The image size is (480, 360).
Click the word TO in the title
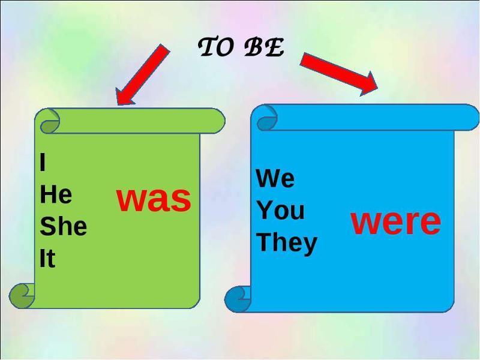[x=215, y=47]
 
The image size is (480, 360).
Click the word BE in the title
[x=265, y=47]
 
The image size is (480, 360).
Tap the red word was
[x=154, y=199]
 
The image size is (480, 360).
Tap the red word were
[x=396, y=221]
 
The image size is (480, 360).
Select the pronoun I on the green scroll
[x=43, y=162]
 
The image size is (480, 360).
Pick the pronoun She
[x=64, y=226]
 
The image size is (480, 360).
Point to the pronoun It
[x=47, y=258]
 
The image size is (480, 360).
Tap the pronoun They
[x=287, y=243]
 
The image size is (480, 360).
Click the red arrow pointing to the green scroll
[x=143, y=74]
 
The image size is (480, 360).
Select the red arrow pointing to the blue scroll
[x=339, y=74]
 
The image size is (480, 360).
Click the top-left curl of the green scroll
[x=50, y=121]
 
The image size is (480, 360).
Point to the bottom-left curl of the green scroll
[x=22, y=295]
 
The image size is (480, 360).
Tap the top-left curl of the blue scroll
[x=267, y=118]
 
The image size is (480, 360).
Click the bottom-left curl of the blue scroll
[x=238, y=299]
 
